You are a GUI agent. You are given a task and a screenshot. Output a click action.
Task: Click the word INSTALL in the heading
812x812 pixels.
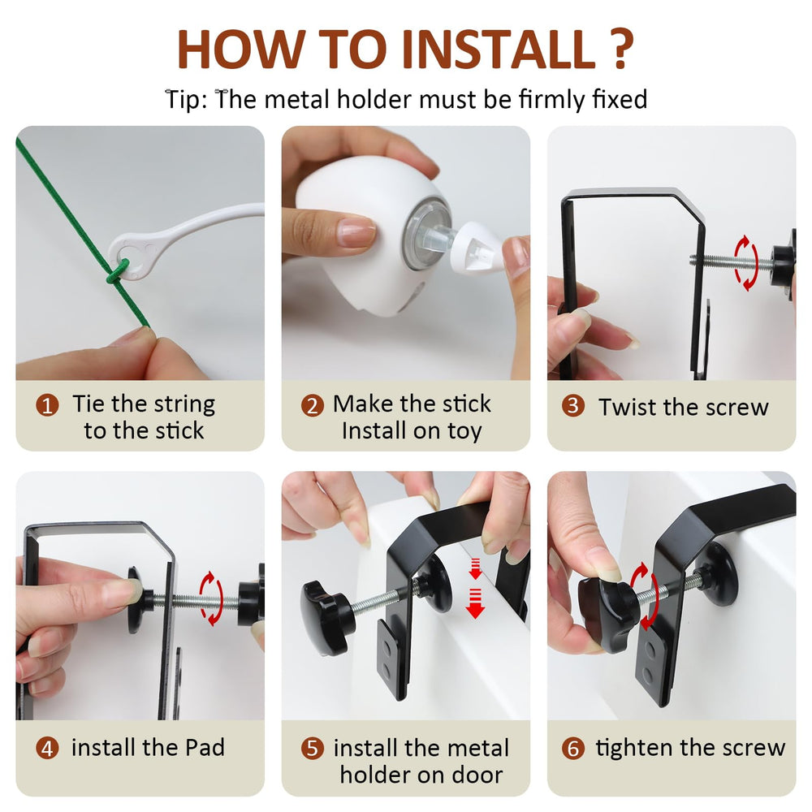coord(499,50)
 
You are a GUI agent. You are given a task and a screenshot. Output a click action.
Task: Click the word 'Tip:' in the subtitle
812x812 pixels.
coord(186,99)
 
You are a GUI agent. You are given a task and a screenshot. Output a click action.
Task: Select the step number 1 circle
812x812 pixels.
coord(47,405)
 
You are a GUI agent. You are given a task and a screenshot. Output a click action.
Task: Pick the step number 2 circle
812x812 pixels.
coord(313,405)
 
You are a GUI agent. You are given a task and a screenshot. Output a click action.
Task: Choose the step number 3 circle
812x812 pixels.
coord(573,405)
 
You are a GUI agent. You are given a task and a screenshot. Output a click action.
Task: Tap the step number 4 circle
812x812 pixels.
coord(47,749)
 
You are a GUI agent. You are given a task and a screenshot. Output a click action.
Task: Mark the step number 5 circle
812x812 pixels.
coord(313,749)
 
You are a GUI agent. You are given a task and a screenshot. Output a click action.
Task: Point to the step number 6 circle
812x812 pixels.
coord(573,749)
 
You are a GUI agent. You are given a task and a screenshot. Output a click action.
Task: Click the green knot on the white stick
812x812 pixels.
coord(116,273)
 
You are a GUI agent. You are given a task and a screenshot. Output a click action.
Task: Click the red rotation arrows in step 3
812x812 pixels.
coord(746,263)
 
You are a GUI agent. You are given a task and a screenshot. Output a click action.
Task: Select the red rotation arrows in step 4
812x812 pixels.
coord(212,598)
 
